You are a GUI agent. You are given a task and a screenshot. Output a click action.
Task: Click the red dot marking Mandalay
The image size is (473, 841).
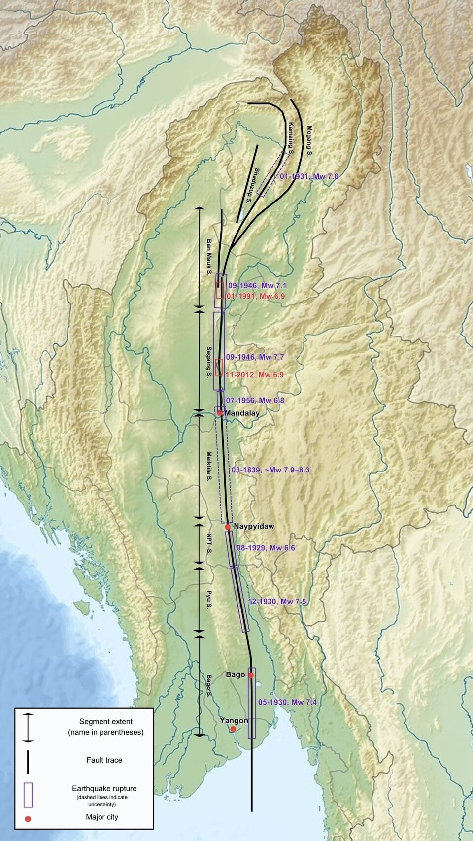pyautogui.click(x=219, y=413)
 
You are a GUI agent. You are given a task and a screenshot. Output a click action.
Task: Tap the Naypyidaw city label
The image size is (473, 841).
pyautogui.click(x=254, y=526)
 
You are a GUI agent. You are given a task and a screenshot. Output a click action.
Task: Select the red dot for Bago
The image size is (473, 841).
pyautogui.click(x=251, y=675)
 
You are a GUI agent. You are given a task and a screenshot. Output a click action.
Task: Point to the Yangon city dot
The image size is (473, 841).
pyautogui.click(x=233, y=729)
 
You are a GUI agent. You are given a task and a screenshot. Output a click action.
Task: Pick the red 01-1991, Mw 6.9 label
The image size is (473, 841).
pyautogui.click(x=256, y=296)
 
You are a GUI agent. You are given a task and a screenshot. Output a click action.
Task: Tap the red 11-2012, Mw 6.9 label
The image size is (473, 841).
pyautogui.click(x=254, y=375)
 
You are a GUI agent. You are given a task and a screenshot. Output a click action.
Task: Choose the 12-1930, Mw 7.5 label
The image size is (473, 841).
pyautogui.click(x=277, y=601)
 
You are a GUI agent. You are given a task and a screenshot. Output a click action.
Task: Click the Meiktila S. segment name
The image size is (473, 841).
pyautogui.click(x=209, y=467)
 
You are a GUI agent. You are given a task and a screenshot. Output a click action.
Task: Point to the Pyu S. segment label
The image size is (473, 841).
pyautogui.click(x=210, y=599)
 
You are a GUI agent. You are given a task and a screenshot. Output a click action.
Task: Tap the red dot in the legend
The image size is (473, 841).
pyautogui.click(x=28, y=819)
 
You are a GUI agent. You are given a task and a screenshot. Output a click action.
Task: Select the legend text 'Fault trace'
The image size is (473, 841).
pyautogui.click(x=104, y=760)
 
